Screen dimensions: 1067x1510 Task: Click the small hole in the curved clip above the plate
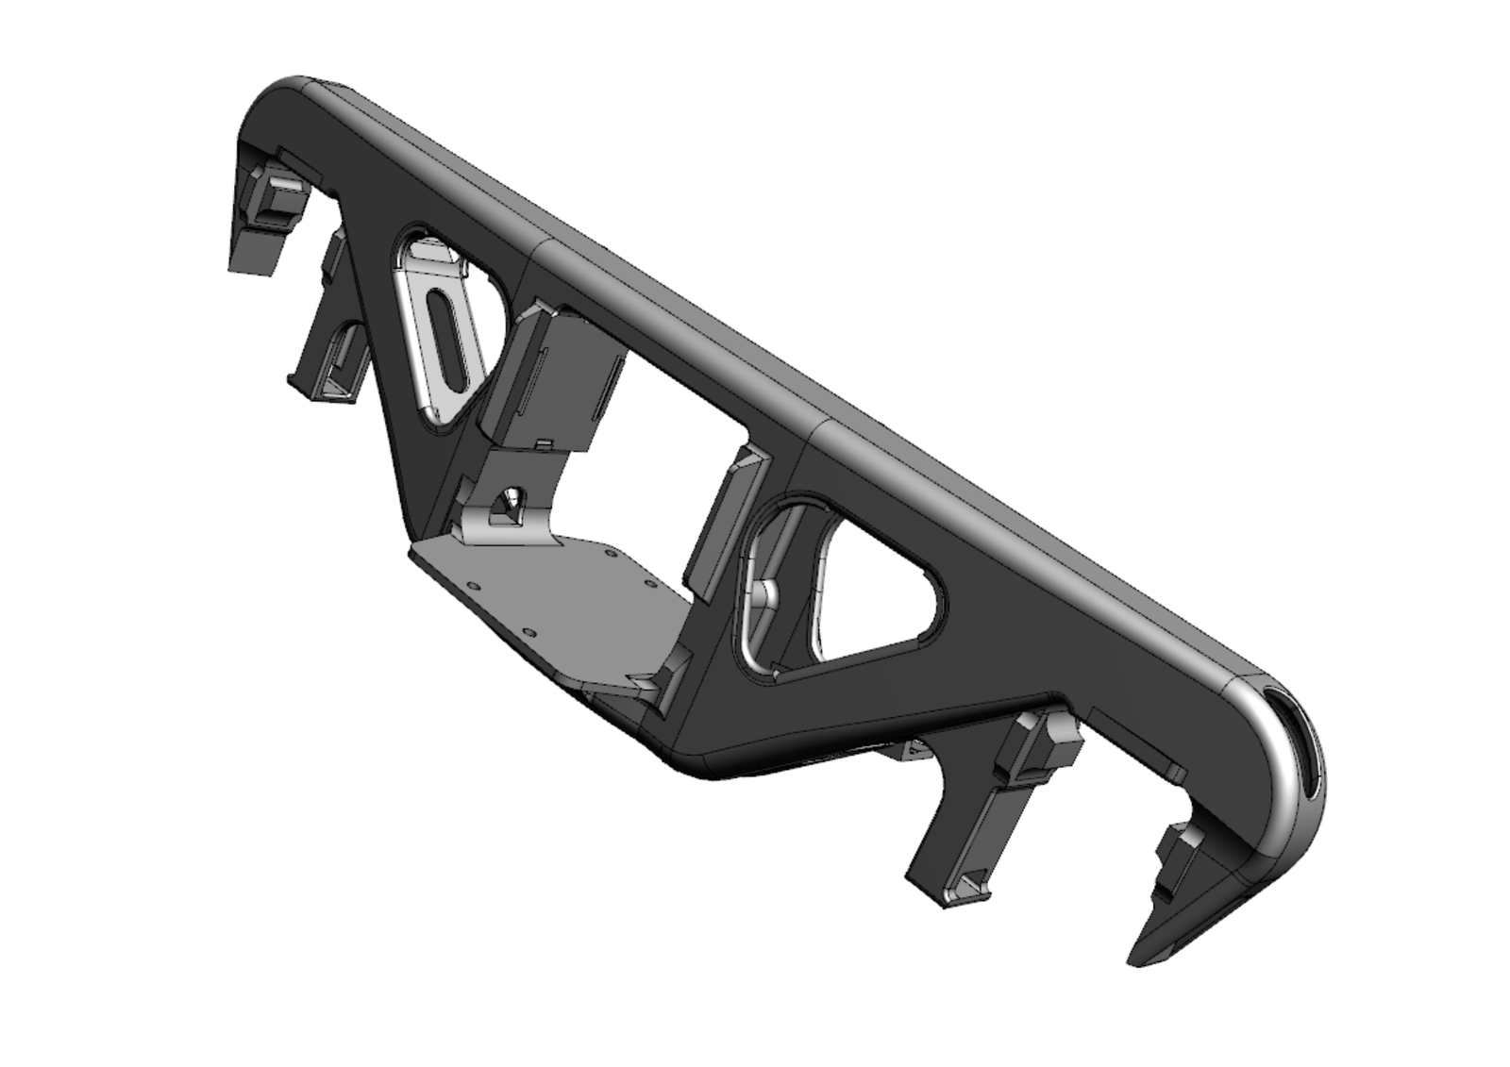point(510,498)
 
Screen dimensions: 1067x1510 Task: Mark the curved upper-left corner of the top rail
point(283,94)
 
